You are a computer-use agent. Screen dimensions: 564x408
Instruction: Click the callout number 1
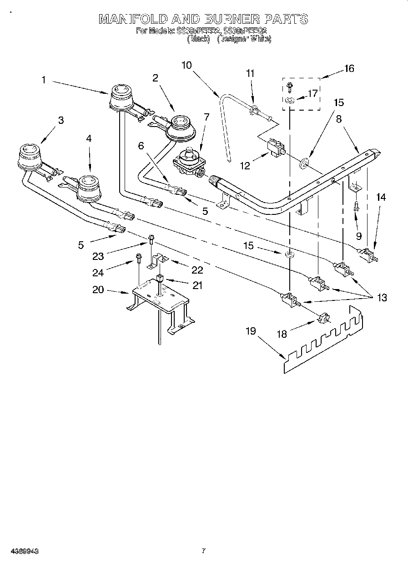tap(44, 80)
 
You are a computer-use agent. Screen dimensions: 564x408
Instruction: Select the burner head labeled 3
tap(29, 154)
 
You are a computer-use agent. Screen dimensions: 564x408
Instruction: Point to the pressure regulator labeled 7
tap(189, 163)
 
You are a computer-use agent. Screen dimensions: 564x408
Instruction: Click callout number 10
tap(186, 65)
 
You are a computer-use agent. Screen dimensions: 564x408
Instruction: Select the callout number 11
tap(251, 73)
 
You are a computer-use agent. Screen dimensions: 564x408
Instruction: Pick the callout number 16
tap(349, 69)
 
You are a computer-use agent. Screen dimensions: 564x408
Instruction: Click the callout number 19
tap(251, 331)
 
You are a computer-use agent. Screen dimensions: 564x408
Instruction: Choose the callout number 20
tap(98, 290)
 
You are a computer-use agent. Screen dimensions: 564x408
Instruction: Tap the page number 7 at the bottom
tap(204, 551)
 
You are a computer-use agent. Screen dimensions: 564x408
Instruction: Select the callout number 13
tap(382, 298)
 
